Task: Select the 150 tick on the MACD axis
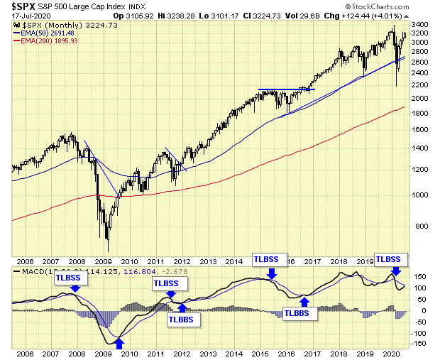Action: pos(417,276)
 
